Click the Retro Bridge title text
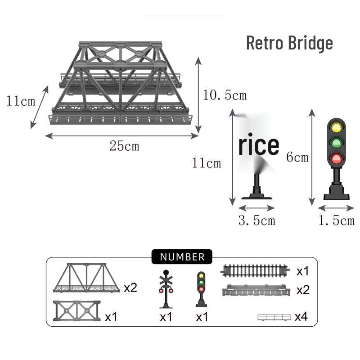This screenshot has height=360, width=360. click(289, 43)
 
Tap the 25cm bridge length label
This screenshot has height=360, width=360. click(125, 146)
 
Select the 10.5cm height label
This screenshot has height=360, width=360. click(225, 95)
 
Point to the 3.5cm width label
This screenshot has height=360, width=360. click(256, 220)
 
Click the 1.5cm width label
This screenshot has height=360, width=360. click(336, 220)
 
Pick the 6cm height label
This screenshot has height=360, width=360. click(297, 157)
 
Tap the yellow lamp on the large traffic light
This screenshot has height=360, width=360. click(336, 127)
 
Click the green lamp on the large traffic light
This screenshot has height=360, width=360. click(336, 143)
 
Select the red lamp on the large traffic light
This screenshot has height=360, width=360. click(336, 158)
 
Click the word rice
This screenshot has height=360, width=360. click(259, 145)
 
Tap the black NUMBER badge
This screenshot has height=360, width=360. click(182, 256)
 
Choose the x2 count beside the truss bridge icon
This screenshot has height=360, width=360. click(130, 288)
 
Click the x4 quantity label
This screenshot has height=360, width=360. click(301, 317)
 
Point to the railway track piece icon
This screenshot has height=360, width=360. click(255, 271)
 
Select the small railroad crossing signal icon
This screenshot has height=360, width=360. click(166, 289)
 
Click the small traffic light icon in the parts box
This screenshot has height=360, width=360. click(201, 289)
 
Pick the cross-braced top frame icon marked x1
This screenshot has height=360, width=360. click(77, 310)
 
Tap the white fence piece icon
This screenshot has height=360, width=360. click(274, 317)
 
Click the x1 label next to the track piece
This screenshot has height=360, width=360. click(302, 271)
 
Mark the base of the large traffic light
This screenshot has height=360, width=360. click(337, 193)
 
